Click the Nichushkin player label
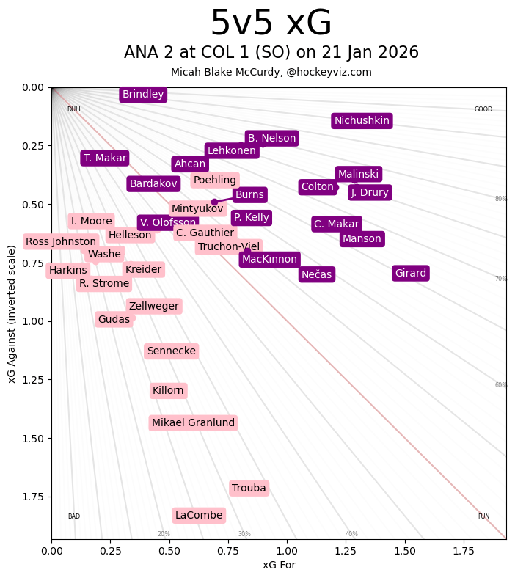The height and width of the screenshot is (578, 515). pyautogui.click(x=362, y=121)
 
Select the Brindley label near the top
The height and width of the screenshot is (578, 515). pyautogui.click(x=143, y=95)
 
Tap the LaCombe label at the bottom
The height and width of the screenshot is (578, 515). pyautogui.click(x=199, y=516)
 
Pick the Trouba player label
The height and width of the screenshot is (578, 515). pyautogui.click(x=249, y=489)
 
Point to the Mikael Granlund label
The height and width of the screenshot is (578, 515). pyautogui.click(x=194, y=423)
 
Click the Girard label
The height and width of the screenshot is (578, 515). pyautogui.click(x=411, y=274)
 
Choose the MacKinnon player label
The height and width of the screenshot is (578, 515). pyautogui.click(x=269, y=260)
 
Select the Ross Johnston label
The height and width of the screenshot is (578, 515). pyautogui.click(x=61, y=241)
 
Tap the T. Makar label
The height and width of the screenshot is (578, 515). pyautogui.click(x=105, y=158)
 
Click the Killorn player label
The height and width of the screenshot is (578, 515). pyautogui.click(x=168, y=391)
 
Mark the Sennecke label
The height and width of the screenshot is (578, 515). pyautogui.click(x=172, y=351)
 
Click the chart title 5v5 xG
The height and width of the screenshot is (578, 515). pyautogui.click(x=271, y=23)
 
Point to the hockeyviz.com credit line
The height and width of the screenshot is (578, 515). pyautogui.click(x=271, y=72)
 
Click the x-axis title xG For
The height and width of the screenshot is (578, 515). pyautogui.click(x=279, y=565)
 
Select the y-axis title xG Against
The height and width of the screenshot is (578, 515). pyautogui.click(x=12, y=313)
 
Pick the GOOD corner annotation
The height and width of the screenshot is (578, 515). pyautogui.click(x=483, y=110)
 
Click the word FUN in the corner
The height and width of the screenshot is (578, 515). pyautogui.click(x=483, y=516)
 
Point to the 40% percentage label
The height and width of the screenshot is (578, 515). pyautogui.click(x=352, y=534)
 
